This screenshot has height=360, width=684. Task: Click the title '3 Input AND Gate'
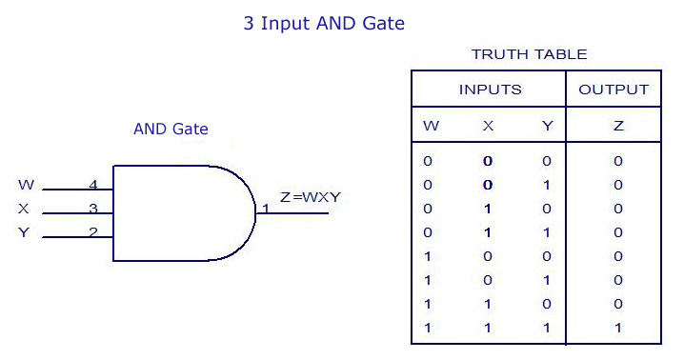[324, 23]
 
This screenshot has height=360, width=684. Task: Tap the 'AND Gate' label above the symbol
[171, 129]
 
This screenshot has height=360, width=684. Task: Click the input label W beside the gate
[26, 185]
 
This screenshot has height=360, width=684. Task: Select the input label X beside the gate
[24, 209]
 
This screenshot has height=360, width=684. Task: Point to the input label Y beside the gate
[24, 232]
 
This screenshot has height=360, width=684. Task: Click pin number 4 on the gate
[93, 185]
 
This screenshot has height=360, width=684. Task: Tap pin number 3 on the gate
[93, 209]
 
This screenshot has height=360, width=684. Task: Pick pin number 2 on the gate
[93, 232]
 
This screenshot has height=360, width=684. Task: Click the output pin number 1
[266, 209]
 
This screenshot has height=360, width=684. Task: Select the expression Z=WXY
[311, 197]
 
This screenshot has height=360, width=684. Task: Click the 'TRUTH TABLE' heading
[529, 54]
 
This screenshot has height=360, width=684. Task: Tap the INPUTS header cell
[491, 90]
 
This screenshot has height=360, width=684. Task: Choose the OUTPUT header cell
[614, 90]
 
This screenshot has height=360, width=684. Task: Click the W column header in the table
[431, 126]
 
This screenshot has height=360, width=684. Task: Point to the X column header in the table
[488, 126]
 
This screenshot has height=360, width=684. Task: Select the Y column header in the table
[547, 126]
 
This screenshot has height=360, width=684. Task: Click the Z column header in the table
[618, 126]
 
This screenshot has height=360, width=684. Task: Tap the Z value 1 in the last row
[618, 328]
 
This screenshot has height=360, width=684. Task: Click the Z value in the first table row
[618, 161]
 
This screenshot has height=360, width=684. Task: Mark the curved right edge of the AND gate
[255, 213]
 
